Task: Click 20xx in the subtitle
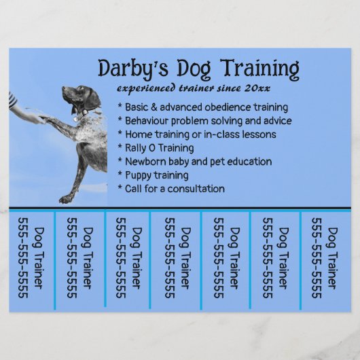[x=276, y=88]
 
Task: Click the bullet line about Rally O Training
[x=156, y=147]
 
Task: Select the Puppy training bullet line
[x=154, y=175]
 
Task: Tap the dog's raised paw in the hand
[x=50, y=118]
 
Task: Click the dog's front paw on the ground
[x=65, y=199]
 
